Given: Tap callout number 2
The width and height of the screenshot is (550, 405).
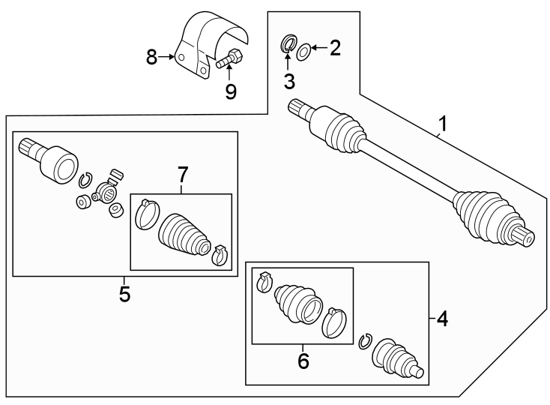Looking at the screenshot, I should [335, 49].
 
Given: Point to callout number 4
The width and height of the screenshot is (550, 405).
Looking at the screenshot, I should [442, 319].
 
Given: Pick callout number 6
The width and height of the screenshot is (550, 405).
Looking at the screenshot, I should [303, 361].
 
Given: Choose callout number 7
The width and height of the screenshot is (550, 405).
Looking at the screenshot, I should [181, 175].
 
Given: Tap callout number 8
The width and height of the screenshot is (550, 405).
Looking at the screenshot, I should [151, 57].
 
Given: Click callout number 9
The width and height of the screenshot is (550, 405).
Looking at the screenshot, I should [231, 91].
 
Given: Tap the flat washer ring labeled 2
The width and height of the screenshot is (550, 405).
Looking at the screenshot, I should [303, 51].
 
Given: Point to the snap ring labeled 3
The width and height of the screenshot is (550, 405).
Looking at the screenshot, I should [288, 43].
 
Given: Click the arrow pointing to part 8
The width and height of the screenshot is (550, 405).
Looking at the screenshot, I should [168, 57].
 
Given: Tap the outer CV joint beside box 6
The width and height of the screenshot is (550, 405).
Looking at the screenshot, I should [397, 359].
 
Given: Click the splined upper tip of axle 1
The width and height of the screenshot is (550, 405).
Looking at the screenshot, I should [296, 107].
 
